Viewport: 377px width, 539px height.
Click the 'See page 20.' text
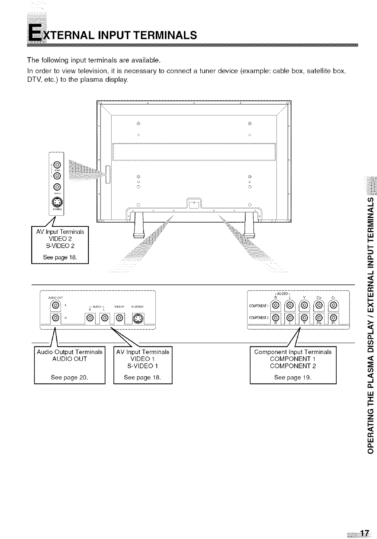pyautogui.click(x=69, y=378)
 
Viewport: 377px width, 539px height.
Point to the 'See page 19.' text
pyautogui.click(x=292, y=378)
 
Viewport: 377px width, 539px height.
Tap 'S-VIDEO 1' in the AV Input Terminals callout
pyautogui.click(x=142, y=366)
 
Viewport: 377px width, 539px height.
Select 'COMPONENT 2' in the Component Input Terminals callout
pyautogui.click(x=292, y=366)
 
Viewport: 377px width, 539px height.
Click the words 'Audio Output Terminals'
pyautogui.click(x=70, y=352)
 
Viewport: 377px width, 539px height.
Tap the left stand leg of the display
pyautogui.click(x=137, y=225)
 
